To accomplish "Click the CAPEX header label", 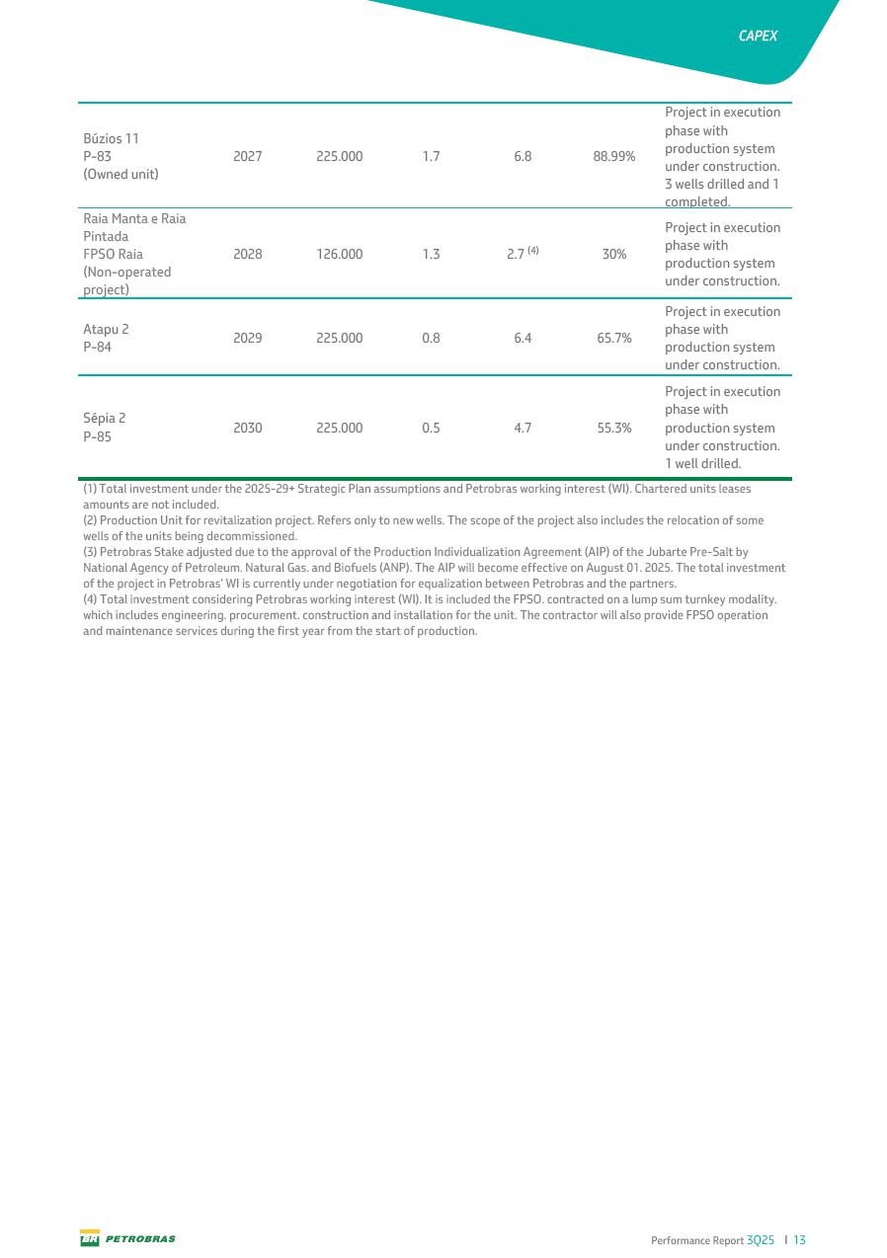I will [758, 36].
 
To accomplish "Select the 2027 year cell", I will [247, 156].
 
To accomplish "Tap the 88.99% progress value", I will [614, 156].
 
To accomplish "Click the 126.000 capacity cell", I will [339, 254].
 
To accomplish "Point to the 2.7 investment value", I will [515, 254].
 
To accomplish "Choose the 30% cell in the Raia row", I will [614, 254].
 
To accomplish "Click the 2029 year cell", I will [247, 338].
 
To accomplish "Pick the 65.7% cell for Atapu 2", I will [614, 338].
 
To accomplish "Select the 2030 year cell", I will [247, 428].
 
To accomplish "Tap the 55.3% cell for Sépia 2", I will [614, 428].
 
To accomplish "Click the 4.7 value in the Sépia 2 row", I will [523, 428].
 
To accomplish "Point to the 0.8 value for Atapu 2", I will [431, 338].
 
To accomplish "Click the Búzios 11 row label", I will [111, 138].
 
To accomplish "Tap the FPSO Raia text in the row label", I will [114, 254].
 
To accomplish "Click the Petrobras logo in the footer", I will [127, 1239].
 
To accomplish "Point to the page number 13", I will [799, 1240].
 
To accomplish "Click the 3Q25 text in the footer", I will [761, 1240].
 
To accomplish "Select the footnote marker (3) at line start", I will [91, 552].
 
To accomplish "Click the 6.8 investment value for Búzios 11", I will [523, 156].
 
